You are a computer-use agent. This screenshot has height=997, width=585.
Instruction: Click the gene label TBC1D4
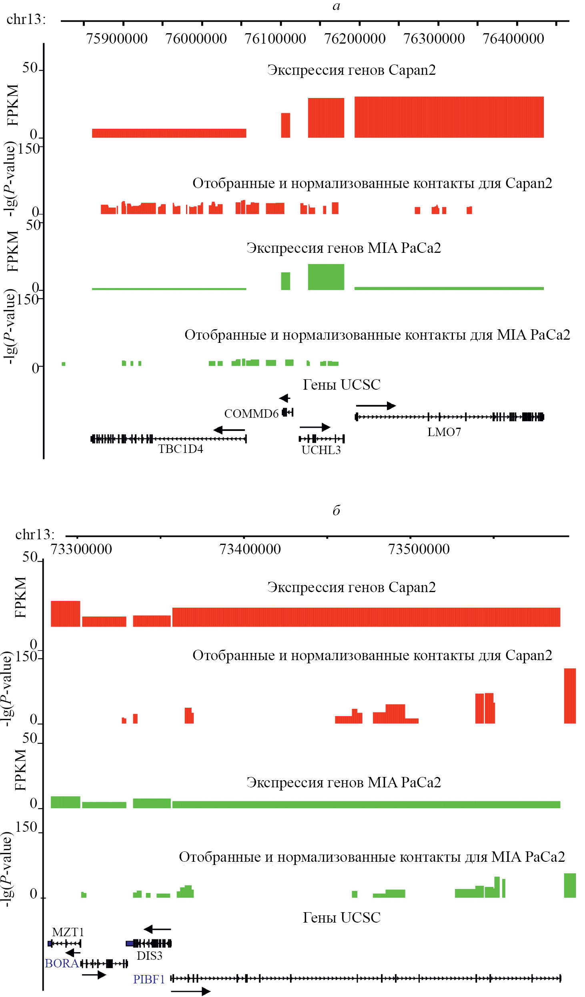click(180, 449)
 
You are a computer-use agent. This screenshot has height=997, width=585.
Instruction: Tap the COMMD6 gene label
click(251, 414)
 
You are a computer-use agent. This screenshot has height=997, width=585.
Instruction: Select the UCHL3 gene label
click(321, 450)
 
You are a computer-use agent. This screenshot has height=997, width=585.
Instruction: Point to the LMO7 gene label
click(444, 432)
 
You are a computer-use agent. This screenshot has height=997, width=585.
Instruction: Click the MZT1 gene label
click(68, 932)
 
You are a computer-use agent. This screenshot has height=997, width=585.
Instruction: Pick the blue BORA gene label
click(61, 963)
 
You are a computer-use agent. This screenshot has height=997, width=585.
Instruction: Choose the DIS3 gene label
click(150, 956)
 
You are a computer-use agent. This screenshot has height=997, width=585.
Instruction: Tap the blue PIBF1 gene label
click(149, 979)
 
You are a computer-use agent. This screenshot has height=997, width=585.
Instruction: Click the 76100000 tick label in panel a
click(275, 39)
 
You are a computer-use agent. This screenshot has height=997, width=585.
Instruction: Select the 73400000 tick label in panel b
click(250, 549)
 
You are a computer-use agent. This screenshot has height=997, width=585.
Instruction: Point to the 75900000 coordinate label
click(117, 39)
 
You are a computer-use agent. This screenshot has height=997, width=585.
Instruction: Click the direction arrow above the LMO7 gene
click(376, 406)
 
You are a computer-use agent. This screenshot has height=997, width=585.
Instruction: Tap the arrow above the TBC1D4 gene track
click(229, 430)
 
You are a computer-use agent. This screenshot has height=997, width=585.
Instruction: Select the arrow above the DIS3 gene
click(157, 929)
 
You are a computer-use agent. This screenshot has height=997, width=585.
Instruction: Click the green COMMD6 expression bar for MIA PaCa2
click(285, 281)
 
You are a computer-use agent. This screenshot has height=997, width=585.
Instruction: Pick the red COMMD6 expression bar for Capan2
click(285, 125)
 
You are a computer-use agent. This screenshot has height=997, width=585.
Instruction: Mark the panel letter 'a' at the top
click(336, 6)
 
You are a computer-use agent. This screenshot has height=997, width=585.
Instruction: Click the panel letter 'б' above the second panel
click(336, 510)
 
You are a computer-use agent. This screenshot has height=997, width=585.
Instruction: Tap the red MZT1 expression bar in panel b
click(65, 613)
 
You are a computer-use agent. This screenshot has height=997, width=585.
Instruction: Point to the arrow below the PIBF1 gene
click(190, 991)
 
